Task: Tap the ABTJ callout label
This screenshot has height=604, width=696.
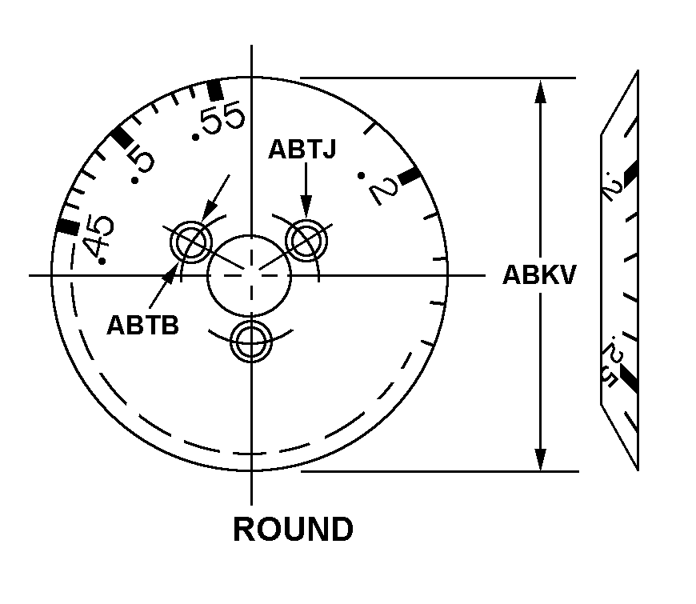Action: [302, 150]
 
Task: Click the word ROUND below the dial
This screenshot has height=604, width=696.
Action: [293, 530]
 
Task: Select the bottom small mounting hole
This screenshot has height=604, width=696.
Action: [251, 343]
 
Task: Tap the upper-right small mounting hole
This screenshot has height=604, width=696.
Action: [308, 238]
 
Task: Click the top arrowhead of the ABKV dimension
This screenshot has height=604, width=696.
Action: [541, 90]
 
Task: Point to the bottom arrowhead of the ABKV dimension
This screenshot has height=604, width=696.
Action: [541, 460]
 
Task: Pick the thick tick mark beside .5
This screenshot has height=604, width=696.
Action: [122, 137]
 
